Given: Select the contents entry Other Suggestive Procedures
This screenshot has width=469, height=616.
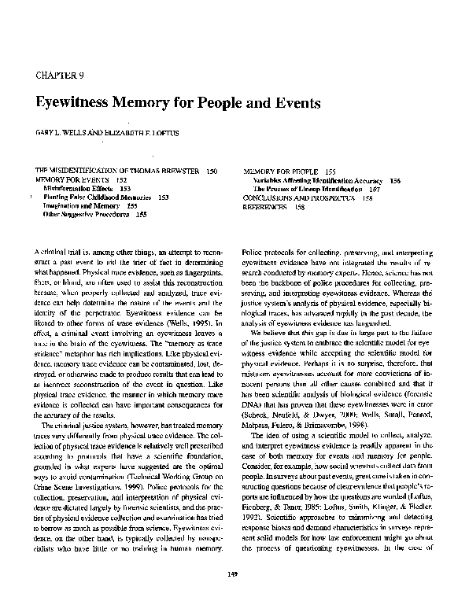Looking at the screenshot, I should [84, 213].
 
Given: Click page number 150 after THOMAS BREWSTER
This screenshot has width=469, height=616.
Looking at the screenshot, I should [212, 171].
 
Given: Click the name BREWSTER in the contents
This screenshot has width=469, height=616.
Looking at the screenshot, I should [177, 171].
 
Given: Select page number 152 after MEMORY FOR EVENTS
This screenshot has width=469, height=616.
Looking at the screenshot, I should [122, 180].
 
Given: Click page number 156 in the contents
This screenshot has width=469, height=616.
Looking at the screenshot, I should [395, 180].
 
